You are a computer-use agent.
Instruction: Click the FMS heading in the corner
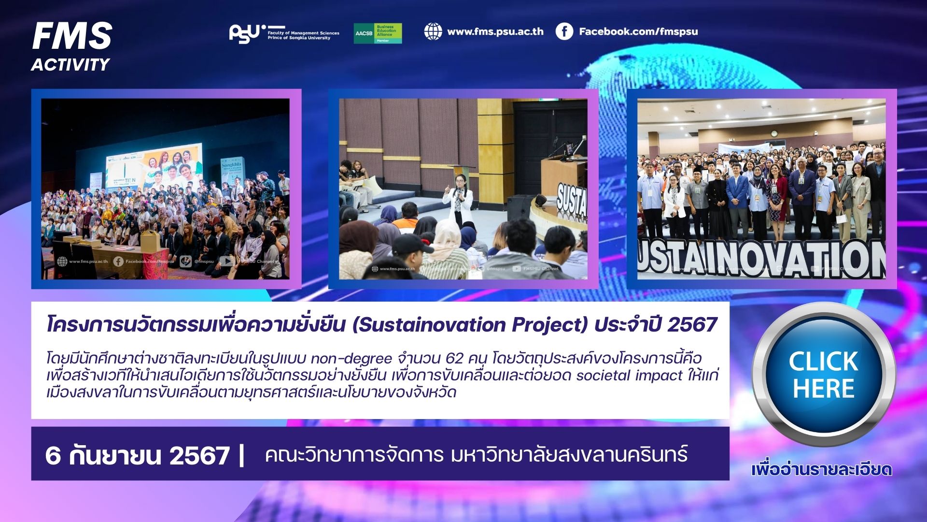(x=72, y=36)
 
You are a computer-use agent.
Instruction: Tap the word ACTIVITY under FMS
(x=70, y=64)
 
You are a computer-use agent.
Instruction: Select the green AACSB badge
(x=378, y=33)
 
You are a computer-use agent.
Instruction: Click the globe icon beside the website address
(x=433, y=31)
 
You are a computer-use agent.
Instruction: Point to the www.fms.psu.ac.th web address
(x=495, y=31)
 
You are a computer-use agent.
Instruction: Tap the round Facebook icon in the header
(x=564, y=31)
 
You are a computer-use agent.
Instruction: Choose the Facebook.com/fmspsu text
(x=638, y=31)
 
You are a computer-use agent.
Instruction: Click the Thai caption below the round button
(x=821, y=469)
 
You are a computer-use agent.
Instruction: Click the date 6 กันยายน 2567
(x=137, y=455)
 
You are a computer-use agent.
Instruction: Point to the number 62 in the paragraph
(x=454, y=358)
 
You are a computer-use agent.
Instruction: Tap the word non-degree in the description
(x=351, y=358)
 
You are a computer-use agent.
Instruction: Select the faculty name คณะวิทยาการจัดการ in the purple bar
(x=354, y=455)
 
